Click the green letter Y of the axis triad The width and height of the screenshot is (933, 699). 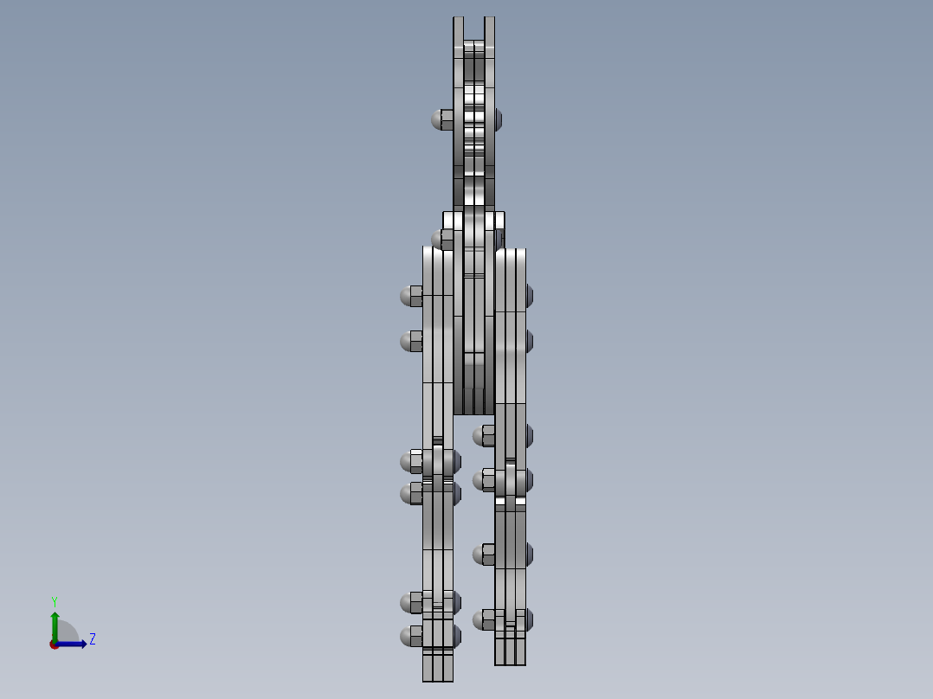coord(54,600)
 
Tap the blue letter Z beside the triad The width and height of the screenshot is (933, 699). coord(93,639)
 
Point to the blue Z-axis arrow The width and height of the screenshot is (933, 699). coord(74,644)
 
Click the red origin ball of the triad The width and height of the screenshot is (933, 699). coord(55,644)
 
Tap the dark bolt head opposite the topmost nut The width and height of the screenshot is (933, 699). coord(498,119)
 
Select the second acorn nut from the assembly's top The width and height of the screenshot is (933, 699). coord(440,238)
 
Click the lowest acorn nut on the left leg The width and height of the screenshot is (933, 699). coord(410,637)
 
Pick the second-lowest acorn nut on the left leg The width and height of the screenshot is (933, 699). coord(410,602)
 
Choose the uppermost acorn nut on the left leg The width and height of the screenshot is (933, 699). coord(410,296)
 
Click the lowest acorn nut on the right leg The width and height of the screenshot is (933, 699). coord(483,619)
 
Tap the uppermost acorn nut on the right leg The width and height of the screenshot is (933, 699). coord(483,435)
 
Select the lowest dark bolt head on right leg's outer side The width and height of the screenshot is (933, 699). coord(529,619)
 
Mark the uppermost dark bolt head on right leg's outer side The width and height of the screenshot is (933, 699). coord(529,296)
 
